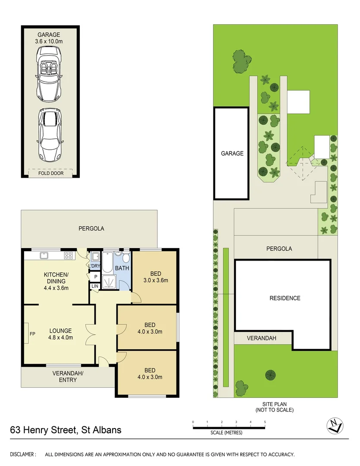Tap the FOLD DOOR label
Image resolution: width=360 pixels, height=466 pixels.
50,173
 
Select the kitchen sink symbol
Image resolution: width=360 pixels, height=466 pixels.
43,255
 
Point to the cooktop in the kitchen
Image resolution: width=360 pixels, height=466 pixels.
68,255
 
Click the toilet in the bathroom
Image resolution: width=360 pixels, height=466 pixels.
125,258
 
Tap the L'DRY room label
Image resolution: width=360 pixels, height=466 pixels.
94,266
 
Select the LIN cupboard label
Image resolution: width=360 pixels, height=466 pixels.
94,286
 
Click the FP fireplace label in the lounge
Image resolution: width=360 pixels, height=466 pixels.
32,334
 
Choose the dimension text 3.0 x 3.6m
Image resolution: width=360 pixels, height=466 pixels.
156,280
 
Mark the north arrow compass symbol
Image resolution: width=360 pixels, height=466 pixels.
335,425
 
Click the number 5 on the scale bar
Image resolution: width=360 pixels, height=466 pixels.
265,422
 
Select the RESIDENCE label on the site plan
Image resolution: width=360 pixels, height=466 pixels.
285,298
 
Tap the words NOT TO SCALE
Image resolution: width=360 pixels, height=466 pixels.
275,410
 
